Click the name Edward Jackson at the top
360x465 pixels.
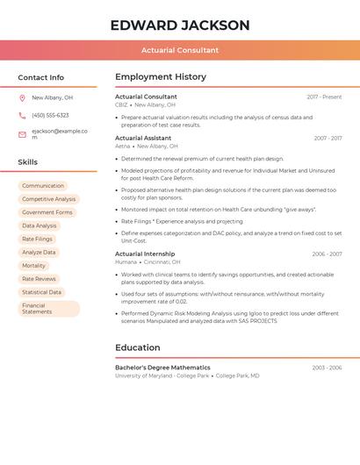pyautogui.click(x=180, y=25)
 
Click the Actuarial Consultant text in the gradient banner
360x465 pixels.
pyautogui.click(x=180, y=50)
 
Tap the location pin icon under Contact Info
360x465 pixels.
pyautogui.click(x=22, y=98)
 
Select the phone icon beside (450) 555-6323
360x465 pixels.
pyautogui.click(x=22, y=115)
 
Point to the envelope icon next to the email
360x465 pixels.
pyautogui.click(x=22, y=134)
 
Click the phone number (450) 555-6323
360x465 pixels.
pyautogui.click(x=50, y=115)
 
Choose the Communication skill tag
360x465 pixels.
pyautogui.click(x=43, y=186)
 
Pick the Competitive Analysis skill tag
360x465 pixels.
pyautogui.click(x=49, y=199)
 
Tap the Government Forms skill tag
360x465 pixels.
pyautogui.click(x=47, y=212)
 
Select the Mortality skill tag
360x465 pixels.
pyautogui.click(x=33, y=266)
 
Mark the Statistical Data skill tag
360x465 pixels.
pyautogui.click(x=41, y=292)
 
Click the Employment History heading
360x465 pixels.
pyautogui.click(x=160, y=77)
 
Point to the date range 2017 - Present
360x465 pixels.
pyautogui.click(x=324, y=97)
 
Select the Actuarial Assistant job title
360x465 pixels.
pyautogui.click(x=143, y=138)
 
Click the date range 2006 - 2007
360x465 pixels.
pyautogui.click(x=327, y=254)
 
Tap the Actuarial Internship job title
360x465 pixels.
pyautogui.click(x=144, y=254)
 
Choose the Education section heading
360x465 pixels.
pyautogui.click(x=137, y=347)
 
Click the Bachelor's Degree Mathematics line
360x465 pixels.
pyautogui.click(x=162, y=368)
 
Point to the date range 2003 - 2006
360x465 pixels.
pyautogui.click(x=327, y=368)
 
